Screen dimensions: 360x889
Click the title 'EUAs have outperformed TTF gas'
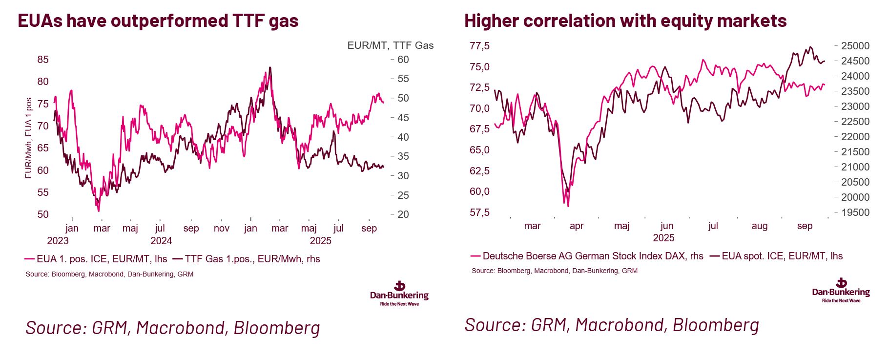pos(158,21)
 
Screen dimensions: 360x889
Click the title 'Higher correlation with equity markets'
pos(625,21)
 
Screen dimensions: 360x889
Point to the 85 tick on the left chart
pos(43,60)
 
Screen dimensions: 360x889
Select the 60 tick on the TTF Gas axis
pos(403,60)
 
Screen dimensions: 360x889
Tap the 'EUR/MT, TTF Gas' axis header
pos(390,45)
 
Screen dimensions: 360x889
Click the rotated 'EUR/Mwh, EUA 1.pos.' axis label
pos(28,137)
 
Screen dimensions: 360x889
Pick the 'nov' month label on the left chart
pos(221,228)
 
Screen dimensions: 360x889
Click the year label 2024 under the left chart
pos(161,241)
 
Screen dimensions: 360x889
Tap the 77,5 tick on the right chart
pos(479,46)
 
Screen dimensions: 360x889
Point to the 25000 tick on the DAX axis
pos(855,46)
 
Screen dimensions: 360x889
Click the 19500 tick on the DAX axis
pos(855,212)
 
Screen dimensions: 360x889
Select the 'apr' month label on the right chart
pos(577,226)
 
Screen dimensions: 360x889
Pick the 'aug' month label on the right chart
pos(759,226)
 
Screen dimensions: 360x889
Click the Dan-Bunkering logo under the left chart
pos(399,293)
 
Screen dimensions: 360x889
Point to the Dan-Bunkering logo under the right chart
pos(841,290)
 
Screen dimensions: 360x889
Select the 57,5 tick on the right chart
pos(479,212)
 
